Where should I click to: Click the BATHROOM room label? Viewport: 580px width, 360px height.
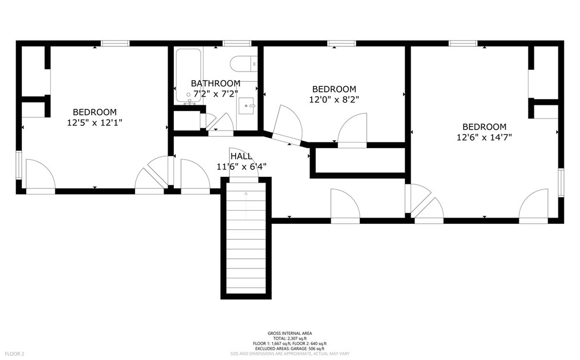tap(215, 83)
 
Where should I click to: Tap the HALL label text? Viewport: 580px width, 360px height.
tap(241, 156)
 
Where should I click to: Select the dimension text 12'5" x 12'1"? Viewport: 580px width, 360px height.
tap(95, 122)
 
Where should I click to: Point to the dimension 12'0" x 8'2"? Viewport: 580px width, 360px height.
tap(334, 100)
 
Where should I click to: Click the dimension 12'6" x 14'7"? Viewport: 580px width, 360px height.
tap(484, 137)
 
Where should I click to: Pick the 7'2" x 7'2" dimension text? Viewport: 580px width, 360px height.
tap(215, 94)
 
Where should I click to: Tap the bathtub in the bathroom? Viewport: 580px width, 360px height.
tap(188, 76)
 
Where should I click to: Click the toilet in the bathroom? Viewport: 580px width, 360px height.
tap(244, 64)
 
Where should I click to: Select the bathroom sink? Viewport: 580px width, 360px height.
tap(247, 106)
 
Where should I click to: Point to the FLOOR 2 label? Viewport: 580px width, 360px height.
tap(14, 354)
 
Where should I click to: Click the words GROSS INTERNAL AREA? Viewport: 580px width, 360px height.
tap(289, 333)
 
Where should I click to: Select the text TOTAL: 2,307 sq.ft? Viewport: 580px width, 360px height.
tap(289, 339)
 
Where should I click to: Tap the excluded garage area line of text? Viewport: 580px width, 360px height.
tap(289, 349)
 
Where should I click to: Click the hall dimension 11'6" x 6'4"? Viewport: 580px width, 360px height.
tap(241, 167)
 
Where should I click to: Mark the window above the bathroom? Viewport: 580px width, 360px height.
tap(237, 43)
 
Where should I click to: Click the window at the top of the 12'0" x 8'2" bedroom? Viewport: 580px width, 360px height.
tap(341, 43)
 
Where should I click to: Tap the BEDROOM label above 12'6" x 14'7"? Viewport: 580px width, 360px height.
tap(484, 127)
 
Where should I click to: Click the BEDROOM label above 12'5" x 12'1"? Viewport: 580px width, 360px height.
tap(95, 112)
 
